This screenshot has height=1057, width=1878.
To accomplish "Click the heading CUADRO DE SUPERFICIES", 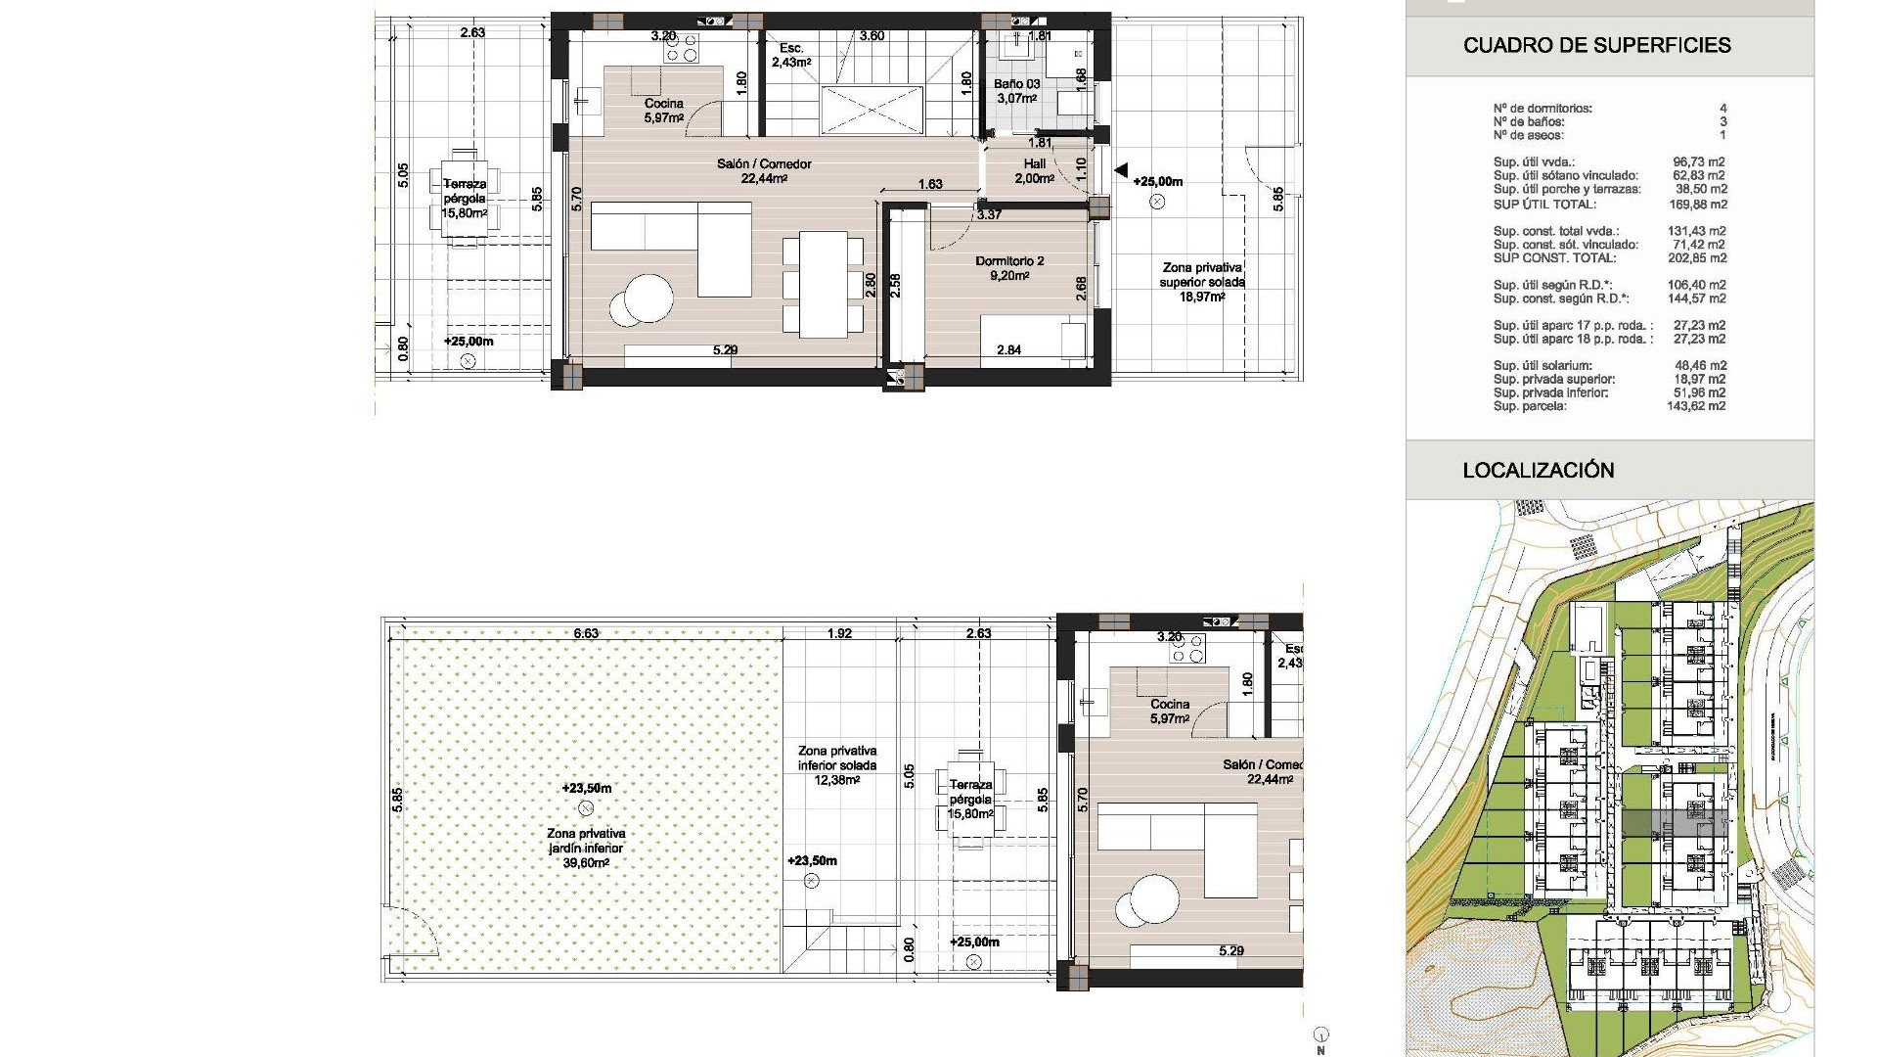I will click(x=1596, y=45).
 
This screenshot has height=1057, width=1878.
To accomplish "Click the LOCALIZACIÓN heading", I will click(x=1538, y=470).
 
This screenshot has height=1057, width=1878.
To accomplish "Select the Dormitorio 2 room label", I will click(x=1009, y=268).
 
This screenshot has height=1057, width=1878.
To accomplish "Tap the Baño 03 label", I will click(x=1016, y=91).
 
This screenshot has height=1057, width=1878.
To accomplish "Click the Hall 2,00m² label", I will click(x=1034, y=171).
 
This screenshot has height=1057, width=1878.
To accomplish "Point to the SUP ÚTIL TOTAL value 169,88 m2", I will click(x=1697, y=205).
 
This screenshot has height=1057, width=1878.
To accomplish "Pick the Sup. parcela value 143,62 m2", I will click(x=1697, y=406).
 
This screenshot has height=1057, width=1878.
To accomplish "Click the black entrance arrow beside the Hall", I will click(x=1120, y=170).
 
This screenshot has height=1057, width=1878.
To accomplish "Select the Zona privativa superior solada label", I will click(x=1202, y=282).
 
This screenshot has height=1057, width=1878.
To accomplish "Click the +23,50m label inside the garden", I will click(x=586, y=788).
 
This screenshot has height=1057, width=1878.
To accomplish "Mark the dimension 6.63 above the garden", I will click(x=585, y=633).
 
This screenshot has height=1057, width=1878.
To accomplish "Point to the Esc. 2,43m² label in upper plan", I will click(x=790, y=55).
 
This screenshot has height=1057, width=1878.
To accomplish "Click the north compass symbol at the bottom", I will click(x=1320, y=1035).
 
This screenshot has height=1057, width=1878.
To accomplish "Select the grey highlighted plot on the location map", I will click(x=1674, y=824).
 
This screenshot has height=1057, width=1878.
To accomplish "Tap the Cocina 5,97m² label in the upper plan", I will click(x=663, y=111).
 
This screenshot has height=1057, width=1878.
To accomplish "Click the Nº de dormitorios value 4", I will click(x=1722, y=109).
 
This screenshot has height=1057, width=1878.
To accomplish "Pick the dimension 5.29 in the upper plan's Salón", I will click(x=724, y=349).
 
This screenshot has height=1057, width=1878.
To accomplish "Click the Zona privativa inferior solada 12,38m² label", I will click(x=836, y=765).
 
